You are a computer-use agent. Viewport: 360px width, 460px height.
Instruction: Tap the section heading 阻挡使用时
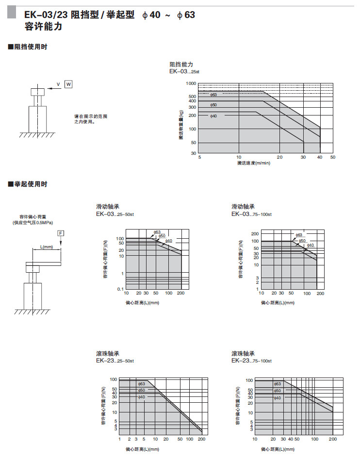(x=30, y=47)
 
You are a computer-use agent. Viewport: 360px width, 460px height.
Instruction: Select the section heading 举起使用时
(x=30, y=184)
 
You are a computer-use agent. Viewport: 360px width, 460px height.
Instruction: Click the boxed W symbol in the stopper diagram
(x=68, y=84)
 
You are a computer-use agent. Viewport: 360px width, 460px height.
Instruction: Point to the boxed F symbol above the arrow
(x=61, y=233)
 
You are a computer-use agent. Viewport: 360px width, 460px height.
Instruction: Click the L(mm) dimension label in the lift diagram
(x=47, y=247)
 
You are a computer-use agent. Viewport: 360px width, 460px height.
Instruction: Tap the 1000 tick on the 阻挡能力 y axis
(x=191, y=84)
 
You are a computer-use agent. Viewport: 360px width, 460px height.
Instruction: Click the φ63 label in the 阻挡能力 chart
(x=213, y=95)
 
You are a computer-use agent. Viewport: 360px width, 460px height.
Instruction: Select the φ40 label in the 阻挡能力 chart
(x=213, y=116)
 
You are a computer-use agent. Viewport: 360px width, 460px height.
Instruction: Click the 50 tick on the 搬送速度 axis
(x=333, y=157)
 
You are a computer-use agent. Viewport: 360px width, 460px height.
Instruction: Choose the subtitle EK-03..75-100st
(x=251, y=214)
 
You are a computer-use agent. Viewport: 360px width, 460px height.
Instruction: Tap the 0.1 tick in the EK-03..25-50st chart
(x=121, y=290)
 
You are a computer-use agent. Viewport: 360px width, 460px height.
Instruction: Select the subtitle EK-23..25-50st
(x=115, y=361)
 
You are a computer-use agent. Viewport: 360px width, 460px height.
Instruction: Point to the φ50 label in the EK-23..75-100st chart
(x=277, y=390)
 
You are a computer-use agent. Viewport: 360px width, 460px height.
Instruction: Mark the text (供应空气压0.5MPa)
(x=33, y=222)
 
